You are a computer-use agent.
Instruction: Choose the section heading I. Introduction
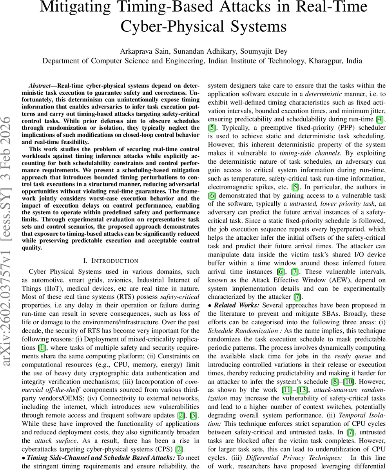(111, 260)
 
